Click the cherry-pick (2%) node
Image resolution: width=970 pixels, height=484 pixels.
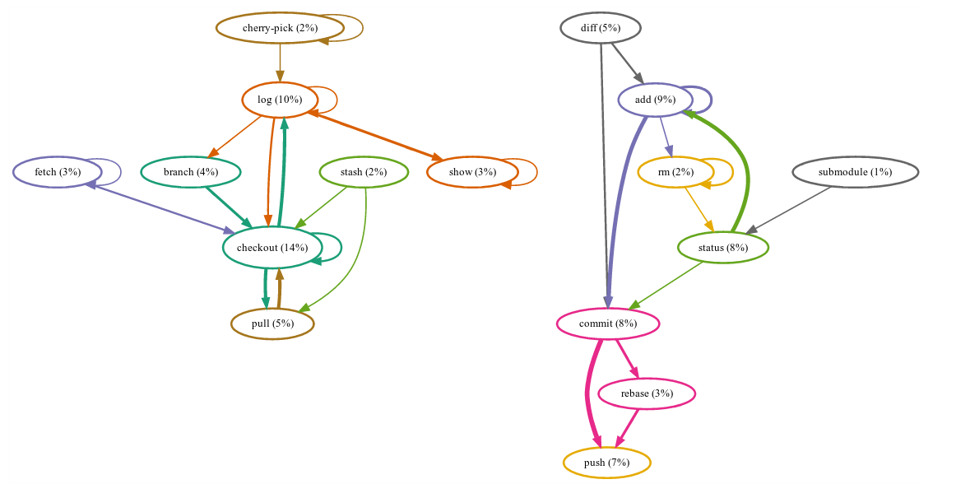coord(279,28)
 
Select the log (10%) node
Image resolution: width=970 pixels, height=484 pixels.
coord(280,100)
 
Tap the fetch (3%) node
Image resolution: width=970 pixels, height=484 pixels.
coord(58,172)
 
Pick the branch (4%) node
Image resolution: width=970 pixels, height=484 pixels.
coord(190,172)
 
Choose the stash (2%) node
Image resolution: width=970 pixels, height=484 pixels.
coord(364,172)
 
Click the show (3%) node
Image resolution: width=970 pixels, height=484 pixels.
coord(472,172)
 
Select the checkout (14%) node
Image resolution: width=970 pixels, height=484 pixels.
coord(272,248)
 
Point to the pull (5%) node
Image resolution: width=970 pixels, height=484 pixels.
coord(272,323)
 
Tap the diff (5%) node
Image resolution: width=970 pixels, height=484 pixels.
coord(600,28)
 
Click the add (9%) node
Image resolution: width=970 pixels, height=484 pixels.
coord(655,100)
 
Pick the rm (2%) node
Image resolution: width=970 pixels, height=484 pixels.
coord(675,172)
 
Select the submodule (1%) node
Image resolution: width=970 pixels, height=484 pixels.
coord(855,172)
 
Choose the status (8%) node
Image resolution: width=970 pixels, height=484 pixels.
coord(722,248)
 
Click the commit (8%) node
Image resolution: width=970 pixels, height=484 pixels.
coord(607,323)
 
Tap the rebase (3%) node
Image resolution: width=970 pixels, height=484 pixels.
coord(647,393)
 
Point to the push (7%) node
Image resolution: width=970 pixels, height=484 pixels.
coord(606,463)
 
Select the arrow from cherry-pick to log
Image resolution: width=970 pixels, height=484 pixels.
coord(280,63)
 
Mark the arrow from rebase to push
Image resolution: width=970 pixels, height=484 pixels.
coord(628,428)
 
